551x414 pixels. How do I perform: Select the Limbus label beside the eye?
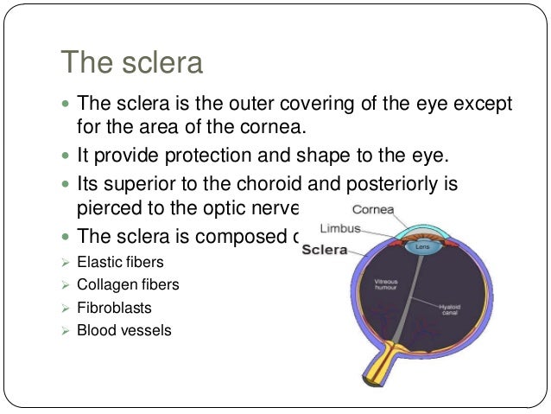point(339,230)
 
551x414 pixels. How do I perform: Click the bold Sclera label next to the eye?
point(324,250)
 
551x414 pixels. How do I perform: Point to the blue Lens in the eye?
point(423,246)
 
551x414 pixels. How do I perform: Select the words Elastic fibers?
point(120,260)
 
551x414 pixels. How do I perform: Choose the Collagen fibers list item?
point(128,283)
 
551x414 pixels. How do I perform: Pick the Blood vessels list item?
point(123,330)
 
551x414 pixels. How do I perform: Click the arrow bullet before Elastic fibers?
point(66,260)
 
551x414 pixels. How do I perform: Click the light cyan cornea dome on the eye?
point(423,231)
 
